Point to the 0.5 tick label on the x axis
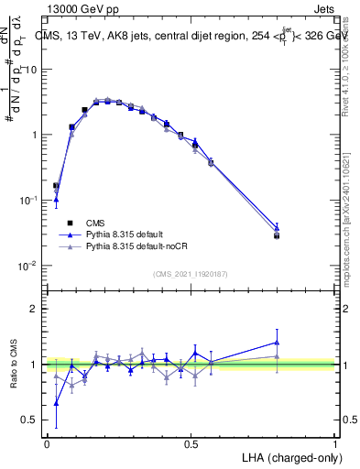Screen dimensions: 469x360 pos(191,443)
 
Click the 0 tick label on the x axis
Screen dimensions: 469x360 pos(47,443)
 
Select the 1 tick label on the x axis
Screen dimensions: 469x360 pos(335,443)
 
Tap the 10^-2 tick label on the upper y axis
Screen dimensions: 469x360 pos(28,266)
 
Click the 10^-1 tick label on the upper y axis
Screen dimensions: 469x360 pos(28,201)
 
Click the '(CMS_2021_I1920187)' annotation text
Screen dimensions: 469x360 pos(191,273)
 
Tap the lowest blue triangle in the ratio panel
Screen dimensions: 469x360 pos(57,402)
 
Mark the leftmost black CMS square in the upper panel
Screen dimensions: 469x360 pos(57,186)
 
